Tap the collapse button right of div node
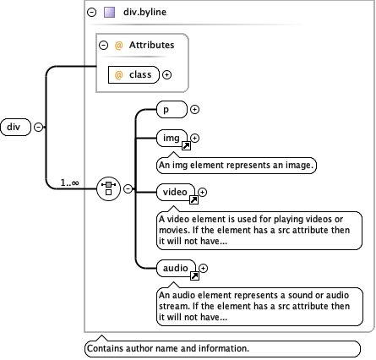point(38,128)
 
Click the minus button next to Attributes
point(102,46)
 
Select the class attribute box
point(134,75)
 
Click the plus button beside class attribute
point(166,75)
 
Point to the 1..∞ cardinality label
point(71,180)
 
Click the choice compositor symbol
point(109,188)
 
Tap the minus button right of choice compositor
point(128,188)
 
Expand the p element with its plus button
point(195,108)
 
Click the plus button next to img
point(195,138)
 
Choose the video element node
point(175,193)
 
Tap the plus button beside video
point(202,192)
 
